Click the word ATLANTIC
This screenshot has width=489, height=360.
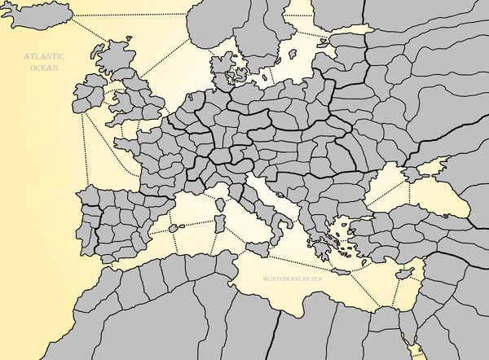pos(42,58)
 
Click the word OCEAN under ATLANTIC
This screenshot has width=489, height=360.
pos(42,68)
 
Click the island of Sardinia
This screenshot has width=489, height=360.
pos(218,222)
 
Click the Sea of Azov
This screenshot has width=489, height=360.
pos(430,167)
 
